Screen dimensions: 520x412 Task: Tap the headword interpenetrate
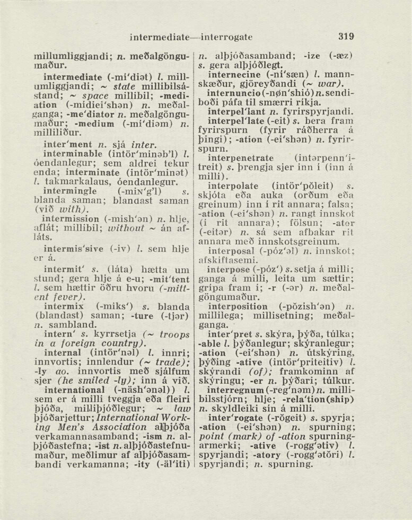coord(241,158)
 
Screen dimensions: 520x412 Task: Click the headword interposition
coord(238,306)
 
